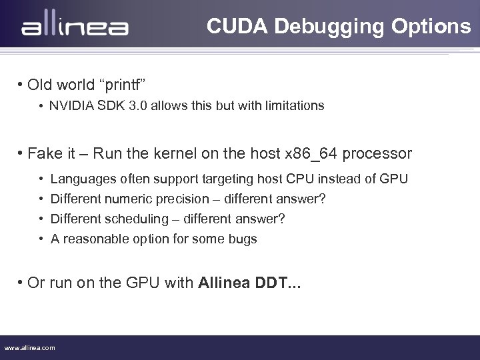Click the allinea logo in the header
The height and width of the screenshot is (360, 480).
pyautogui.click(x=75, y=27)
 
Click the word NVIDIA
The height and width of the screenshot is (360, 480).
pyautogui.click(x=70, y=105)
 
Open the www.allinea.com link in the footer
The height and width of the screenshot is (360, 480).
pyautogui.click(x=30, y=347)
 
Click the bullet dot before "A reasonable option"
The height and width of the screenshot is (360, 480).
pyautogui.click(x=41, y=239)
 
